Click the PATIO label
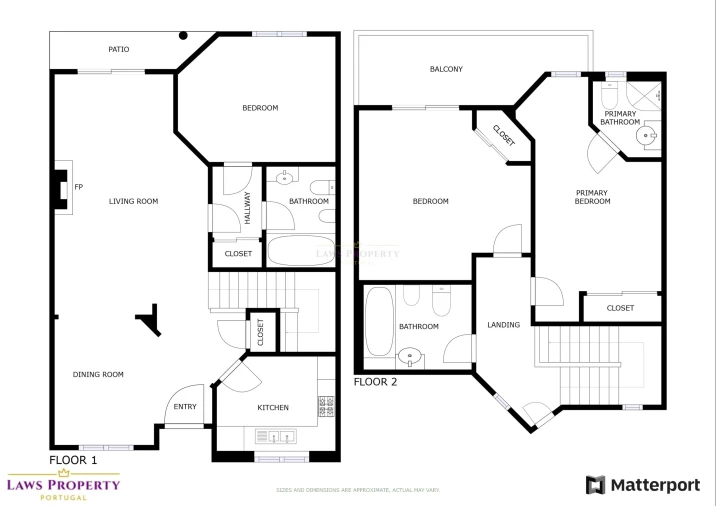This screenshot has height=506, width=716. [119, 49]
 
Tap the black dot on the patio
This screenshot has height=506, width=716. [183, 35]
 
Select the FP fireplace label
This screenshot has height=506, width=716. [79, 187]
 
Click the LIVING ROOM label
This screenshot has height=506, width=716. [133, 201]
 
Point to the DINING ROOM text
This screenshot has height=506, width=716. [98, 374]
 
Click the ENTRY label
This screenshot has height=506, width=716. [185, 406]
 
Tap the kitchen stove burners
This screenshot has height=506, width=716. [326, 406]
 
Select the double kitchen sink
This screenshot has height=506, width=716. [275, 437]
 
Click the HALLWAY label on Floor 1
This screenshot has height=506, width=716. [247, 208]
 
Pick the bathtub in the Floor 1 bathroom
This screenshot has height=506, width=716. [301, 250]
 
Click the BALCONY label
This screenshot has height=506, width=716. [446, 69]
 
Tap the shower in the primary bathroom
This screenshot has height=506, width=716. [643, 96]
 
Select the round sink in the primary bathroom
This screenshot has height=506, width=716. [646, 135]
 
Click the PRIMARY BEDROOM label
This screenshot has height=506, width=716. [592, 197]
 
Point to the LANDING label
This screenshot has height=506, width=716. [503, 325]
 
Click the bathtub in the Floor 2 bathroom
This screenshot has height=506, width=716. [379, 322]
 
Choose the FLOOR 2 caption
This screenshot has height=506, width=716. [375, 382]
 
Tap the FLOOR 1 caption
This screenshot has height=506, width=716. [73, 460]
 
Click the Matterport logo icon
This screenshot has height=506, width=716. [595, 485]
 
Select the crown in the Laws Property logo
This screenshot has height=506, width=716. [64, 473]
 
